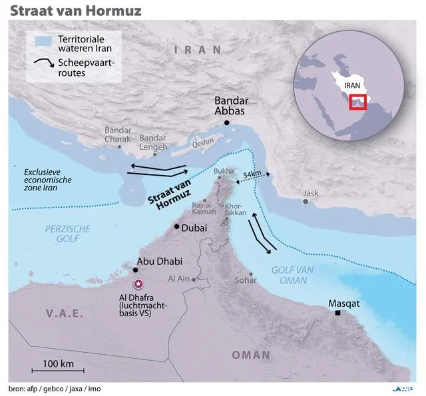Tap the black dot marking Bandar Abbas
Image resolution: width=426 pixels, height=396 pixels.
(x=228, y=123)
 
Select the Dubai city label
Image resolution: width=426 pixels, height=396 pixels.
(x=194, y=228)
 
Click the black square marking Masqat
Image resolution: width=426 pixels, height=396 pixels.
(x=339, y=313)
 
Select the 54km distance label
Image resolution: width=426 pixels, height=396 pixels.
(x=253, y=174)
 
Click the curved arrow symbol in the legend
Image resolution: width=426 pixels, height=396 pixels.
(x=43, y=65)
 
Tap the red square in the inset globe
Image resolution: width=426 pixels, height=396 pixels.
(x=358, y=103)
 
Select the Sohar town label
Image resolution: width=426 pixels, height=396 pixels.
(x=246, y=280)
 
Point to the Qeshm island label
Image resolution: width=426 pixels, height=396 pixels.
(x=203, y=141)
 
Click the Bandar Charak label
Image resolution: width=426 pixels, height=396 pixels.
(x=118, y=134)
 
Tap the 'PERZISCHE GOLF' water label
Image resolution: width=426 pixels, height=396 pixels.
(x=68, y=234)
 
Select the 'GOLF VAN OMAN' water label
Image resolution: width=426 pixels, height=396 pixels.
(x=290, y=275)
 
